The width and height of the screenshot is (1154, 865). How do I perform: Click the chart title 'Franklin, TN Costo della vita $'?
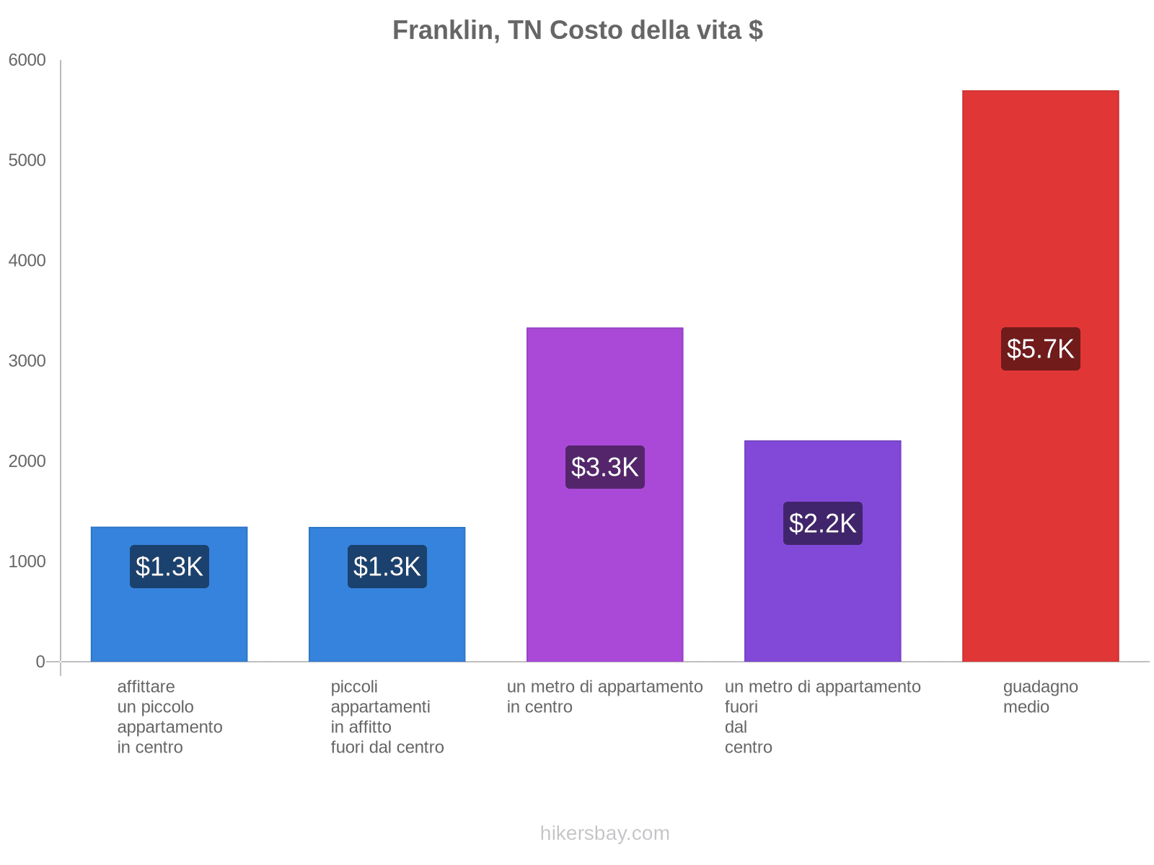click(577, 30)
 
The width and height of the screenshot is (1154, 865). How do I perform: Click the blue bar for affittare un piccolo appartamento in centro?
click(169, 620)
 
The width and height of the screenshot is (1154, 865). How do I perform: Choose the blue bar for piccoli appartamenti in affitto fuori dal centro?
click(387, 620)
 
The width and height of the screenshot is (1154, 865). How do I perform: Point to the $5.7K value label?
click(1040, 349)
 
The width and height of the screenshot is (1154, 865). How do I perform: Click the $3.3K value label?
click(604, 467)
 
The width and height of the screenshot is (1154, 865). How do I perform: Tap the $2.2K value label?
click(822, 523)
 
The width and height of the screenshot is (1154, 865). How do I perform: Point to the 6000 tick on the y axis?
click(27, 61)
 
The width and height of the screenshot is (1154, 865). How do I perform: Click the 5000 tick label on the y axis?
click(27, 161)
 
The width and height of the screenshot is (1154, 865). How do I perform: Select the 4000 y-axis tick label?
click(27, 261)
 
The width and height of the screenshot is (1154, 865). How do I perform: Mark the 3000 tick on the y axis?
click(27, 361)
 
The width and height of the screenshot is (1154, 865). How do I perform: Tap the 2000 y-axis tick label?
click(27, 461)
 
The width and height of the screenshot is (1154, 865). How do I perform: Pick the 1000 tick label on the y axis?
click(27, 562)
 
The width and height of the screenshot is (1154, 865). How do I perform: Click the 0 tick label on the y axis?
click(40, 662)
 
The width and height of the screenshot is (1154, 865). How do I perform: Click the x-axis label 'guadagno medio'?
click(1040, 697)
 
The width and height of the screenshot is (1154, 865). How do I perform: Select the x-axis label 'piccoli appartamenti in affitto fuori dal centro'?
click(387, 717)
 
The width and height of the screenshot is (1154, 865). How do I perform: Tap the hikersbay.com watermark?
click(604, 833)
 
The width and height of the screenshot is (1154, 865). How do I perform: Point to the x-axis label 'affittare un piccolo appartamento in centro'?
click(169, 717)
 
